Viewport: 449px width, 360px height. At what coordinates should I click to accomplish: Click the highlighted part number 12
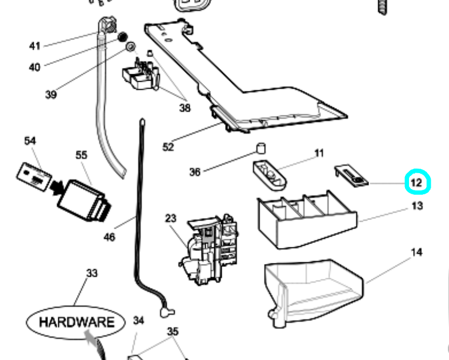point(416,183)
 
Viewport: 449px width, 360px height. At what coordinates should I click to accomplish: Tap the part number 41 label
point(35,46)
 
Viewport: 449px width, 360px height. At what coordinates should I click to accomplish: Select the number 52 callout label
point(168,147)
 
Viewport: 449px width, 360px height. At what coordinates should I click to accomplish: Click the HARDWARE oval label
point(76,322)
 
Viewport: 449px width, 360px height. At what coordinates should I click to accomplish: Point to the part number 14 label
point(416,252)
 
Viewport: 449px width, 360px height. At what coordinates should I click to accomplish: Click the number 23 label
point(171,218)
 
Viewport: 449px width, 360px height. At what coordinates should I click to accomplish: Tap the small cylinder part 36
point(260,149)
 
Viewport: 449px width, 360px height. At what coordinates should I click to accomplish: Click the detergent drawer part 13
point(306,220)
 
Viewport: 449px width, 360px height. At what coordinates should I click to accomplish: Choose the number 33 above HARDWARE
point(91,274)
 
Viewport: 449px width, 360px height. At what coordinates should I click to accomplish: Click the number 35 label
point(173,331)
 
